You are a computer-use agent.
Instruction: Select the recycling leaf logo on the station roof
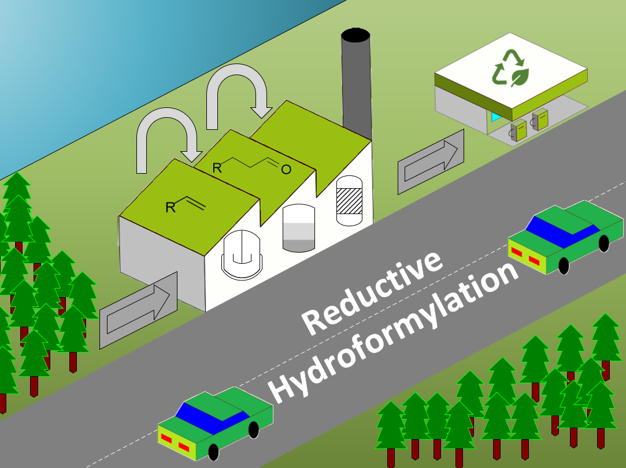(x=510, y=68)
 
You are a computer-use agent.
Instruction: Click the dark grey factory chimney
(x=356, y=81)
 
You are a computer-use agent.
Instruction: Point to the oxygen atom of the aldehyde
(x=286, y=169)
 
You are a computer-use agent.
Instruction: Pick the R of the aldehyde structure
(x=217, y=168)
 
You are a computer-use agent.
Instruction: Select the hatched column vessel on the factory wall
(x=349, y=200)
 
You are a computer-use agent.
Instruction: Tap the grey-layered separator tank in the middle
(x=299, y=228)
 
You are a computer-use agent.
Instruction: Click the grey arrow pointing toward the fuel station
(x=431, y=161)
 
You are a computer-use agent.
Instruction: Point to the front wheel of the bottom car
(x=213, y=452)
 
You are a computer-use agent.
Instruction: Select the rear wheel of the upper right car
(x=603, y=243)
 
